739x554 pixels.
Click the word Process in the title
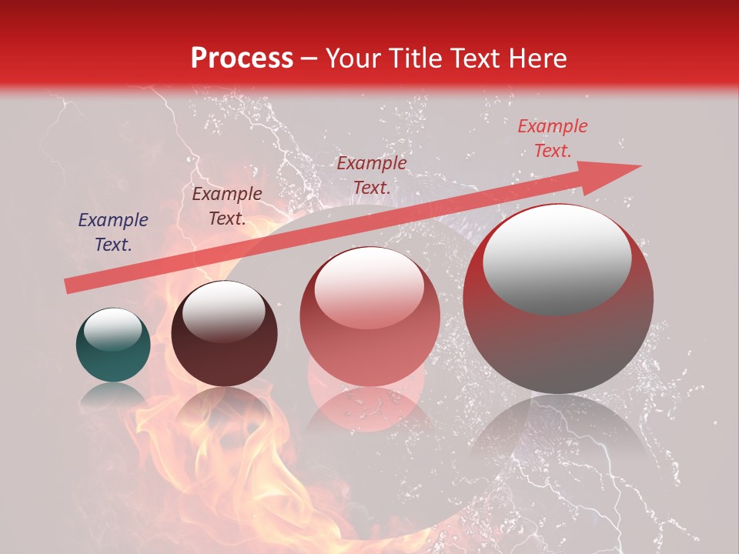point(242,58)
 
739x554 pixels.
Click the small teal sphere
point(113,345)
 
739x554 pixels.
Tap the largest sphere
point(557,308)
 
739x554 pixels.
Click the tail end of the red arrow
point(69,286)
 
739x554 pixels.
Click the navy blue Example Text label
point(113,232)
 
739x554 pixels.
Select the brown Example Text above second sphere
point(227,205)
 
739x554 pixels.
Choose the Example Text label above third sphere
point(371,175)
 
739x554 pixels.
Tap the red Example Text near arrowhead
point(552,138)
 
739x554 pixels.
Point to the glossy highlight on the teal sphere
point(112,328)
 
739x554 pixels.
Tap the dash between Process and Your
point(309,59)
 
